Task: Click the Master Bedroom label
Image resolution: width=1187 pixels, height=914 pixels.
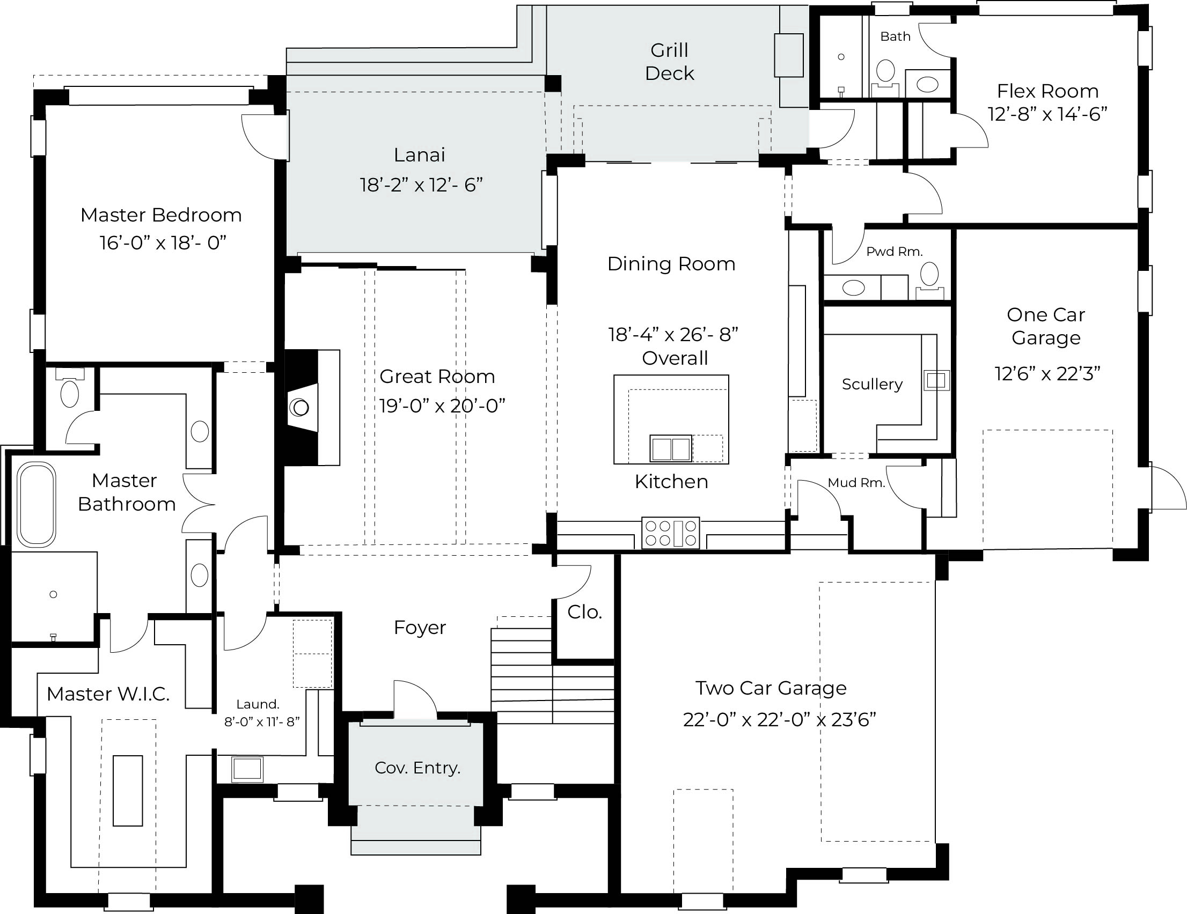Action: tap(161, 215)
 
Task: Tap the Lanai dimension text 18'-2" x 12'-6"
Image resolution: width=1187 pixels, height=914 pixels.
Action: tap(421, 185)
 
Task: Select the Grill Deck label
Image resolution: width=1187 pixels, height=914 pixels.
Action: tap(670, 61)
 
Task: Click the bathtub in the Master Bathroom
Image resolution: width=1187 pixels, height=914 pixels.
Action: tap(36, 504)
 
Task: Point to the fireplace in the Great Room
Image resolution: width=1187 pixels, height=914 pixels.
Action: tap(310, 408)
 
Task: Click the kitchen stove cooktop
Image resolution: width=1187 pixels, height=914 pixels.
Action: tap(671, 533)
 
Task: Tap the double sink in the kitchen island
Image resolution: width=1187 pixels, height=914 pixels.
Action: tap(671, 449)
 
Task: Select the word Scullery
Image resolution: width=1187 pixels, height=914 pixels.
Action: tap(872, 384)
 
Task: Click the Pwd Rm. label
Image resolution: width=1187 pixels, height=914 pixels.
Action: tap(894, 252)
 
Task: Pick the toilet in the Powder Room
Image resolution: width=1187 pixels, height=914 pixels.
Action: tap(929, 280)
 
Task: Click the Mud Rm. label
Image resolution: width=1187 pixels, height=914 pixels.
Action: tap(856, 483)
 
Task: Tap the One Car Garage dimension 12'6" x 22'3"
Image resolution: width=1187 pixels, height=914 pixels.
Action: tap(1047, 374)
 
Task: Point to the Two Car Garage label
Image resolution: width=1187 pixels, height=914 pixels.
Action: tap(771, 688)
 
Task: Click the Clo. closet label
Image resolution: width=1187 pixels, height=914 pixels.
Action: tap(584, 612)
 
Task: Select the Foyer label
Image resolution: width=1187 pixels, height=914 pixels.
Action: tap(420, 628)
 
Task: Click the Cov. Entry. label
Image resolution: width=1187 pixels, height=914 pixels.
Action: tap(417, 768)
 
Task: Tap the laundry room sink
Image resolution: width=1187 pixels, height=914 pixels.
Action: tap(247, 770)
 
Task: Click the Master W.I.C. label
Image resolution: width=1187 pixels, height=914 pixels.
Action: tap(108, 694)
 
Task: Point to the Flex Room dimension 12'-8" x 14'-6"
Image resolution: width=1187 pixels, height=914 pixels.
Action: tap(1047, 114)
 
